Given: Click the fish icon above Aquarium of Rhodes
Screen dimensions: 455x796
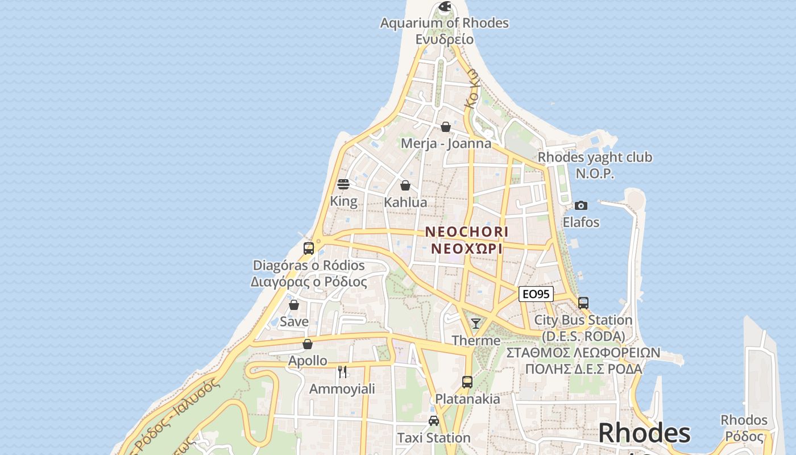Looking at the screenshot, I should click(x=445, y=7).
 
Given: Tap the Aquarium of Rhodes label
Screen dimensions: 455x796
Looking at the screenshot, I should click(x=444, y=23).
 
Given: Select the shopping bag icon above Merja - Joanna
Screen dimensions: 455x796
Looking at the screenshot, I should click(x=446, y=126).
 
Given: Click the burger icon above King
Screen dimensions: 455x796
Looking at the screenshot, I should click(x=343, y=184).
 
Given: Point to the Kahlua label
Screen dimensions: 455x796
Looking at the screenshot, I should click(x=405, y=202).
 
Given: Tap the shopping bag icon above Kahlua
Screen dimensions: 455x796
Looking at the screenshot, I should click(x=405, y=185).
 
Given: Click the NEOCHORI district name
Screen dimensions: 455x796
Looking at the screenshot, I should click(x=467, y=232).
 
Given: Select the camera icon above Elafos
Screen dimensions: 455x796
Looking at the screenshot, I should click(x=581, y=205).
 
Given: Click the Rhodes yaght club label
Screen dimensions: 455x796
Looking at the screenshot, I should click(x=595, y=157).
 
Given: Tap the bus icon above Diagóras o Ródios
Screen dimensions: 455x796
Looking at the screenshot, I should click(x=309, y=248).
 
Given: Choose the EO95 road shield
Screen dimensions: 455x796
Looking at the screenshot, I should click(x=536, y=294).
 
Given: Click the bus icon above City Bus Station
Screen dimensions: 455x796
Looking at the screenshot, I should click(x=583, y=303).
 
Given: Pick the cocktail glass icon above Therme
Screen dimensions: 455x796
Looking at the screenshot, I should click(x=476, y=324).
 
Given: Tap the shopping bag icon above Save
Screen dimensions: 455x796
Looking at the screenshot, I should click(x=294, y=305).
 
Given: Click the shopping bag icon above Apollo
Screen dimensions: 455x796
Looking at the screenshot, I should click(x=308, y=344).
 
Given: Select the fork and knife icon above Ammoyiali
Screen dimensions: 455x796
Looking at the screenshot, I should click(x=342, y=372).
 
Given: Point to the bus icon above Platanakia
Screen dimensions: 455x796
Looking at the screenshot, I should click(x=467, y=382).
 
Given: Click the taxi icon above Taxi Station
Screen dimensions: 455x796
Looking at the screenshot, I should click(x=434, y=421).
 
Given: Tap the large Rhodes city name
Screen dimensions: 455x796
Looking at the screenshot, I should click(x=644, y=433).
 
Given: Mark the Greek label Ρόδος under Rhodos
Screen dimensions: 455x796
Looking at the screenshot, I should click(x=744, y=436).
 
